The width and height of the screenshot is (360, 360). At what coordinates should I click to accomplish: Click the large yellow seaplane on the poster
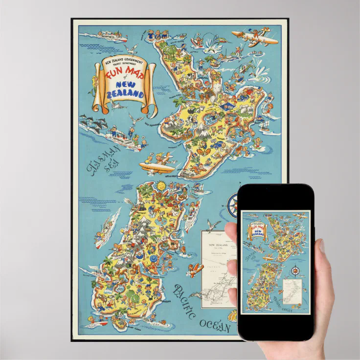click(252, 37)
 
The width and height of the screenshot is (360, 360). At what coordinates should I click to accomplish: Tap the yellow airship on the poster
click(156, 166)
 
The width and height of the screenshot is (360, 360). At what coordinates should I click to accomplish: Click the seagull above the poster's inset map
click(213, 225)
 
